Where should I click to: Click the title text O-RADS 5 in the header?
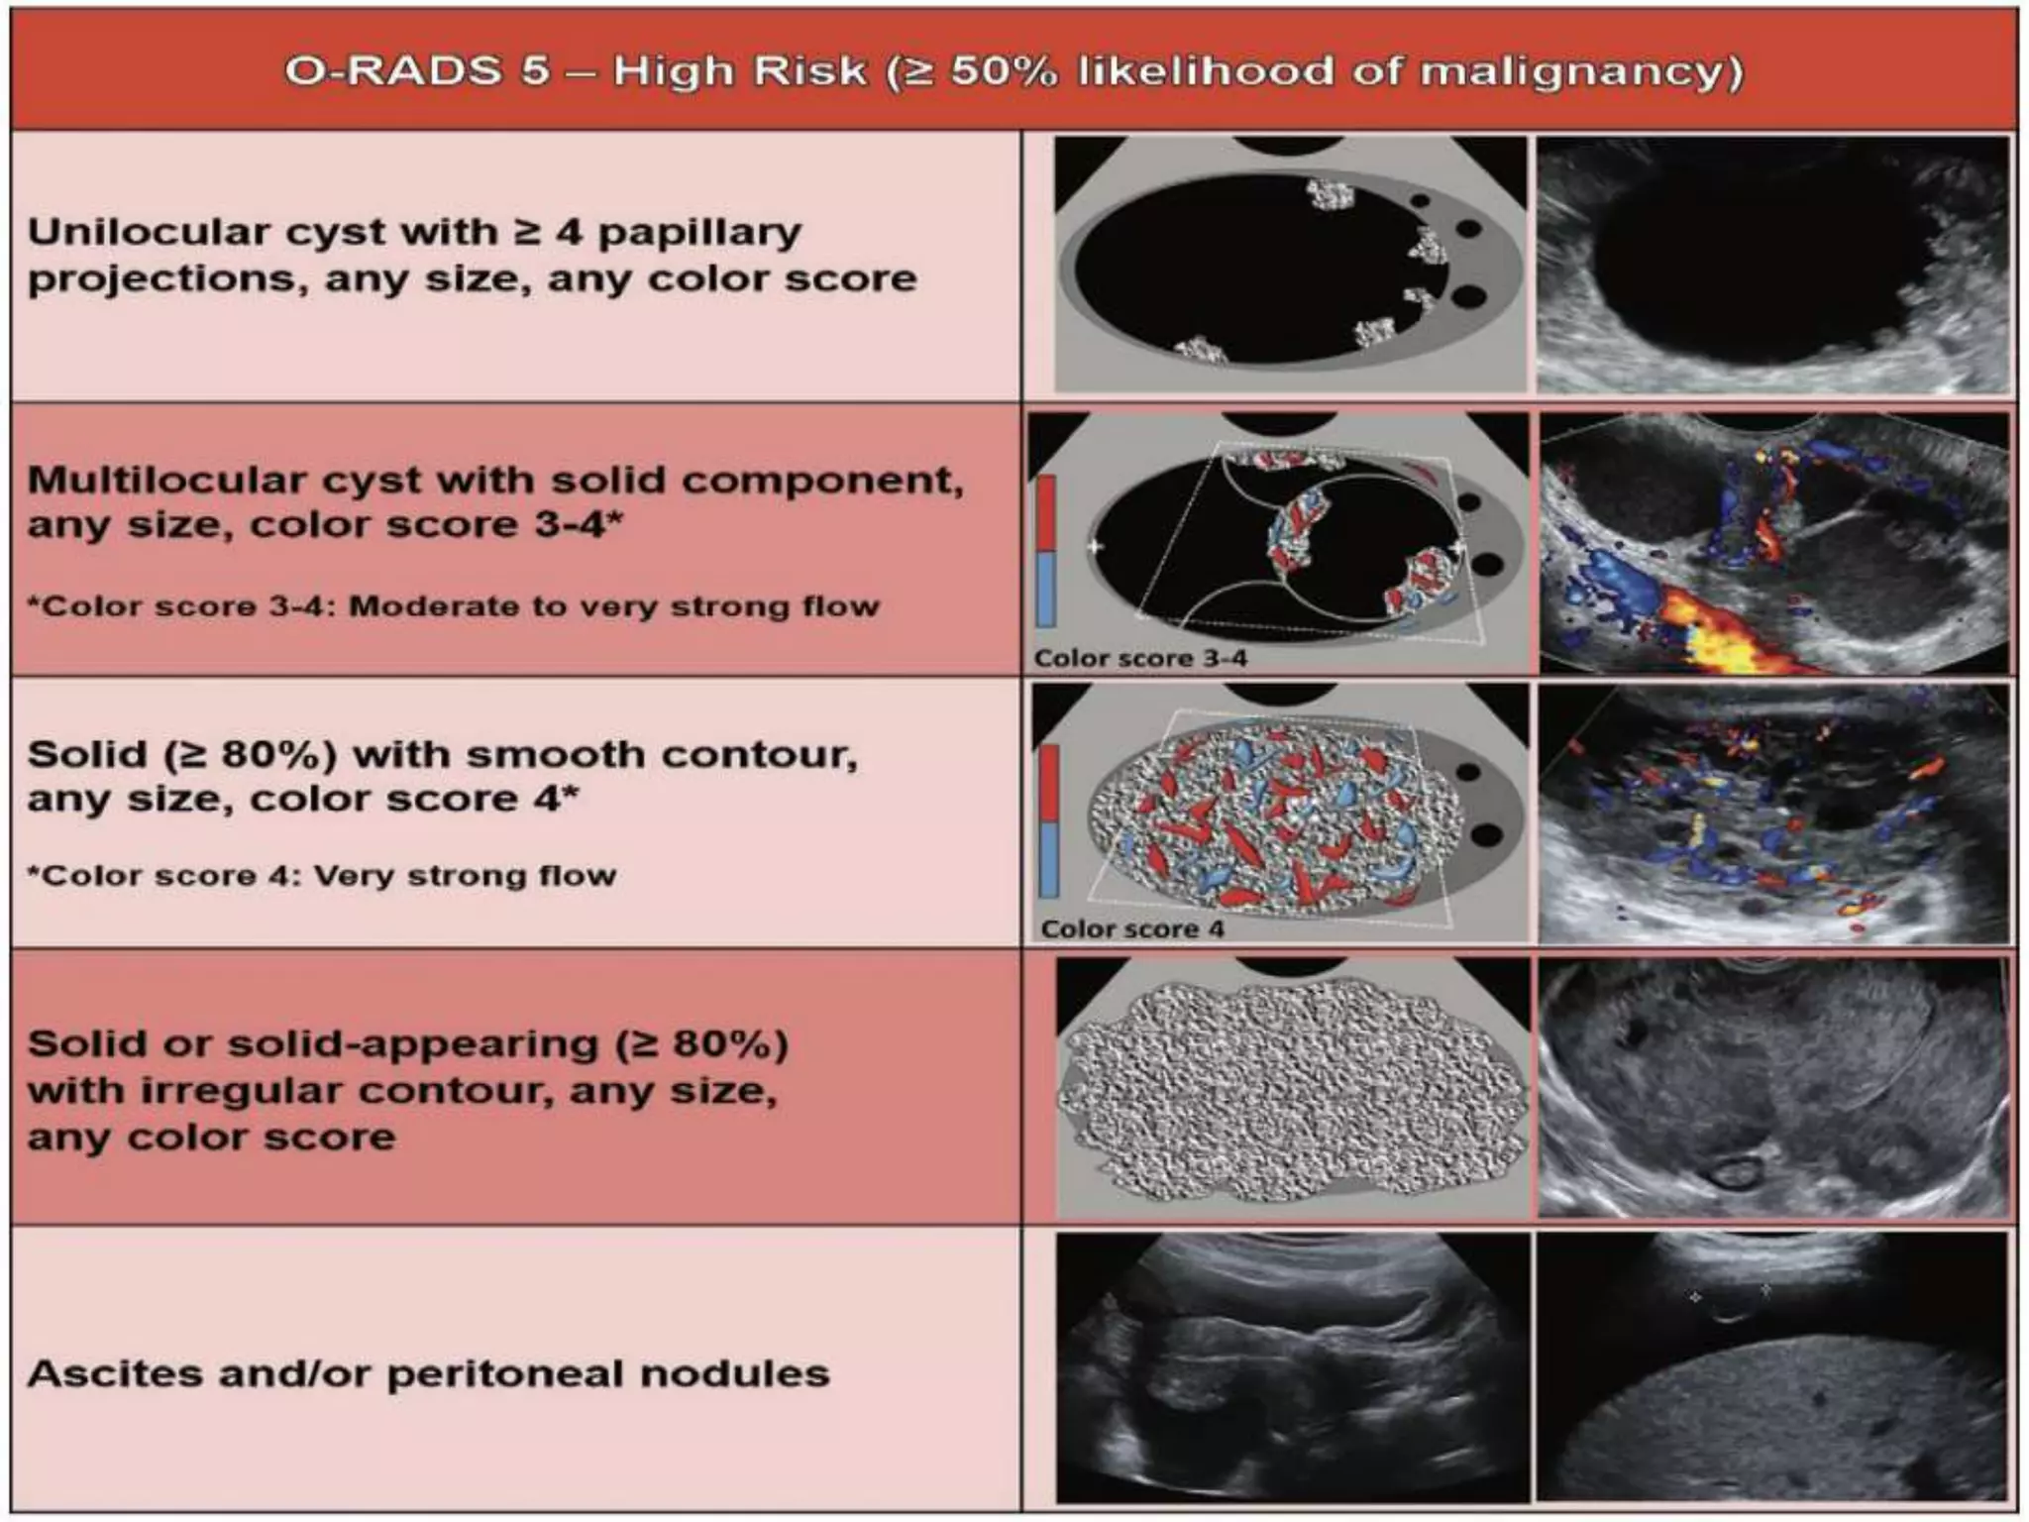(x=416, y=71)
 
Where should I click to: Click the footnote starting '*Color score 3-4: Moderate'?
(x=453, y=606)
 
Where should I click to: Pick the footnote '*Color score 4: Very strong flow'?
(x=321, y=876)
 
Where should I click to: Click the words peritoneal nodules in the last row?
(x=607, y=1374)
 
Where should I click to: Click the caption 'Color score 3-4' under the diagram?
(x=1140, y=658)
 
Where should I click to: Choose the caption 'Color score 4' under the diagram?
(x=1132, y=928)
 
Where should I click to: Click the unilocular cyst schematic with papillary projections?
(x=1288, y=266)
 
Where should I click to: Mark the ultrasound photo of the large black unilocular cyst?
(x=1773, y=266)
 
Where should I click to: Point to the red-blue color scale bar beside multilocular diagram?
(x=1046, y=551)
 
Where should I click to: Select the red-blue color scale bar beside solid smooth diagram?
(x=1049, y=821)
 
